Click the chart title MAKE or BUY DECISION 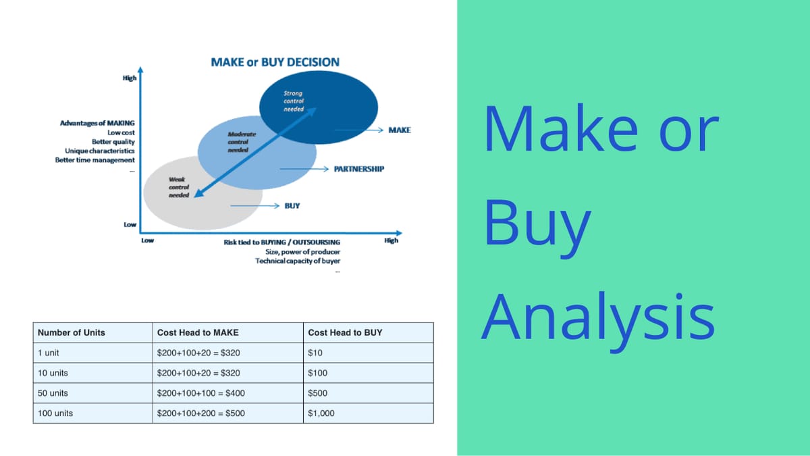pos(275,62)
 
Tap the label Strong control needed pos(294,101)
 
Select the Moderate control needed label pos(242,142)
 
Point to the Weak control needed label pos(179,187)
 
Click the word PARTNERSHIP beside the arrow pos(358,169)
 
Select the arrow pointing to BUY pos(254,205)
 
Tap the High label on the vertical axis pos(130,78)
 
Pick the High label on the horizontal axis pos(391,240)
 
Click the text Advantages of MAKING pos(97,123)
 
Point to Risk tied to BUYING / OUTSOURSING pos(282,242)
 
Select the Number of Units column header pos(72,332)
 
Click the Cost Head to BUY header pos(345,332)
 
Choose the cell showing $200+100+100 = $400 pos(200,393)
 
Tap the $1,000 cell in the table pos(321,413)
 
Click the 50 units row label pos(53,393)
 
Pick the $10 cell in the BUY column pos(315,353)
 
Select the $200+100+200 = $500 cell pos(200,413)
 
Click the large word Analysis pos(598,319)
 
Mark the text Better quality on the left pos(113,142)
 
